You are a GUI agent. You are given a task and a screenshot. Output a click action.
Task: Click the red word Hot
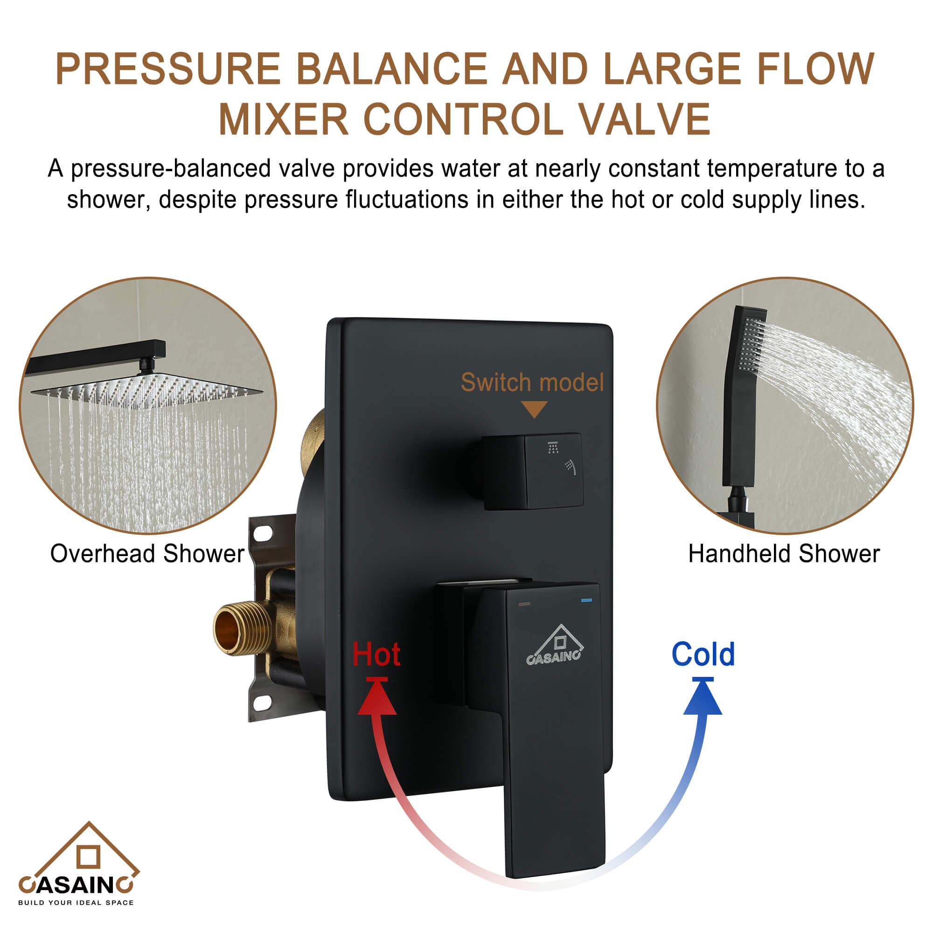tap(376, 654)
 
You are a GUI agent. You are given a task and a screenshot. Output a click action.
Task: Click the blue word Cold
tap(703, 654)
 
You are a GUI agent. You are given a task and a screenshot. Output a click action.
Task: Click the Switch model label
tap(532, 383)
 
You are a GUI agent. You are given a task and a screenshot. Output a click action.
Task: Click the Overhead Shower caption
tap(147, 553)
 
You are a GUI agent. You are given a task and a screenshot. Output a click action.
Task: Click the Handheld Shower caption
tap(784, 553)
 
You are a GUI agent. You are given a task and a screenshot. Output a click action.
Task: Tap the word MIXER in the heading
tap(284, 119)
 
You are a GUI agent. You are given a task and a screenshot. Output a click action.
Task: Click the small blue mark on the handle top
tap(587, 600)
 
